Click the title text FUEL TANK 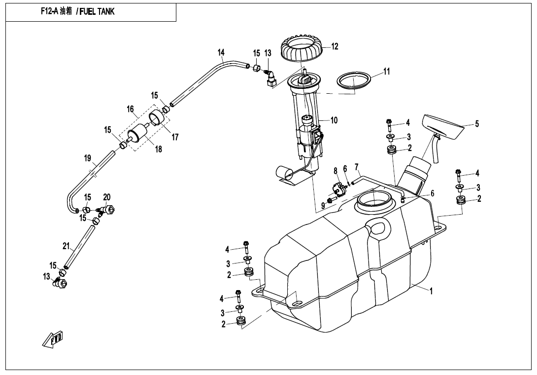point(97,12)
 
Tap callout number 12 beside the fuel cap point(335,46)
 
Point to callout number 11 point(386,72)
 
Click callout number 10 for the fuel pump point(334,120)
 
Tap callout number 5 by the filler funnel point(477,124)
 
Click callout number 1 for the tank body point(431,291)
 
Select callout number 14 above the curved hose point(221,52)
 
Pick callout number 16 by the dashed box point(130,109)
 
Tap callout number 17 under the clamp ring point(175,137)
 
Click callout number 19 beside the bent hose point(88,158)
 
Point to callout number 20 point(107,197)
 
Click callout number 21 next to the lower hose point(66,246)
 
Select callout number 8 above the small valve point(336,170)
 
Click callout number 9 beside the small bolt point(323,206)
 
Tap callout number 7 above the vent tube point(357,167)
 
